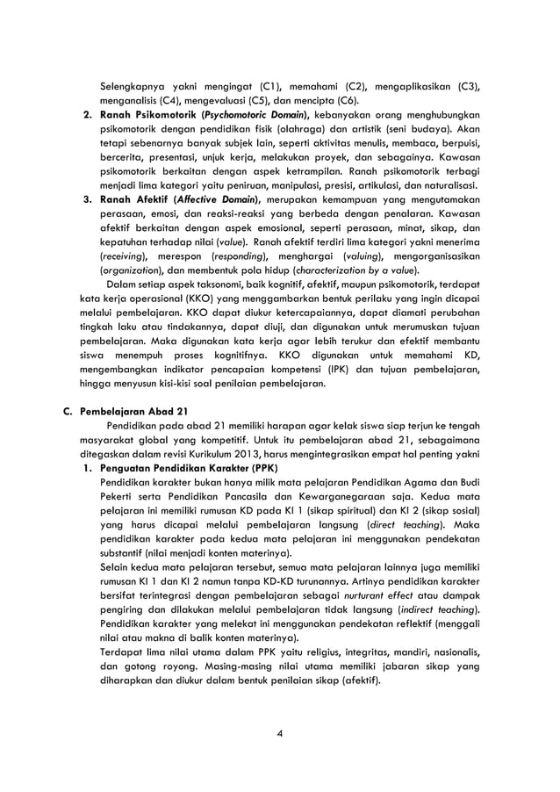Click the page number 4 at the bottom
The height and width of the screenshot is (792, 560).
[x=279, y=734]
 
